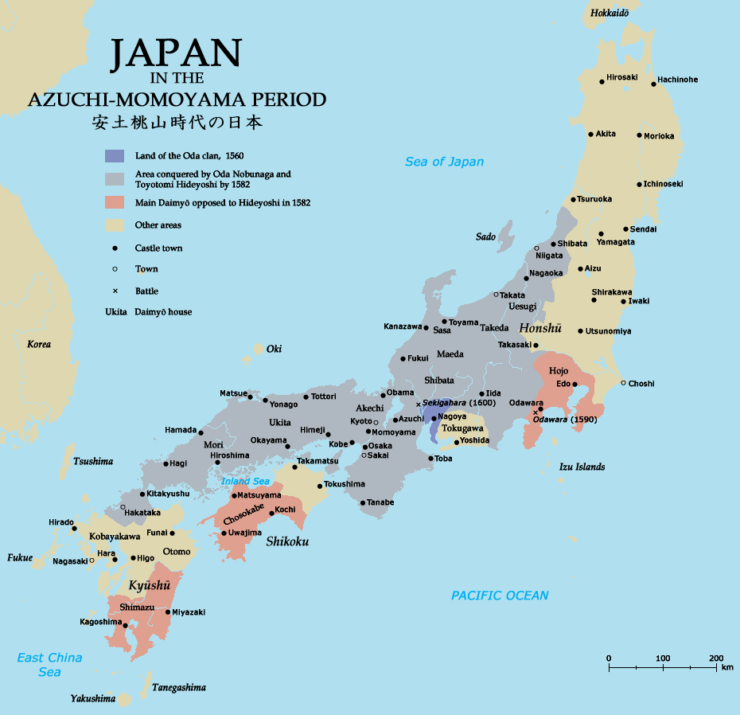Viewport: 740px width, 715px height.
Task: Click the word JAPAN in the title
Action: pos(175,54)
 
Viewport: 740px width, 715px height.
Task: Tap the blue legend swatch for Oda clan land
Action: pos(115,156)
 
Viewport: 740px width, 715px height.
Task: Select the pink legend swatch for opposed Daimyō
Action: pos(115,202)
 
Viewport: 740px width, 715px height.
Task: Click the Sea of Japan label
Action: pos(444,162)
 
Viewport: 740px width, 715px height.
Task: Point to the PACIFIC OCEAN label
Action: pos(500,596)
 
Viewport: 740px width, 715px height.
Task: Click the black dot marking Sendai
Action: pos(625,229)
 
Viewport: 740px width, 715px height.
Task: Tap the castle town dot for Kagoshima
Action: pos(125,625)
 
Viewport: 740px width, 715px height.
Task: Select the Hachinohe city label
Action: pos(677,80)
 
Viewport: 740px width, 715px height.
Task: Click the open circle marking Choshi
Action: pos(623,383)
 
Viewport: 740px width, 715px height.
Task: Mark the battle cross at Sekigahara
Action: pos(419,404)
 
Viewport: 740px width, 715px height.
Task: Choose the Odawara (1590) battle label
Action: pos(564,419)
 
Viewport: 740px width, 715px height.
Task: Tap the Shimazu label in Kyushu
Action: pos(136,607)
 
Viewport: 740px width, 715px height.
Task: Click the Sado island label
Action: pos(485,236)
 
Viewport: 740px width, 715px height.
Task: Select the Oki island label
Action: pos(274,349)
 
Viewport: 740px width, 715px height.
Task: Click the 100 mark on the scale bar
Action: pos(662,658)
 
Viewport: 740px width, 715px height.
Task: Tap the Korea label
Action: pos(39,344)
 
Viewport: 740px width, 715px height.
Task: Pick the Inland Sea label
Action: pos(245,481)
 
